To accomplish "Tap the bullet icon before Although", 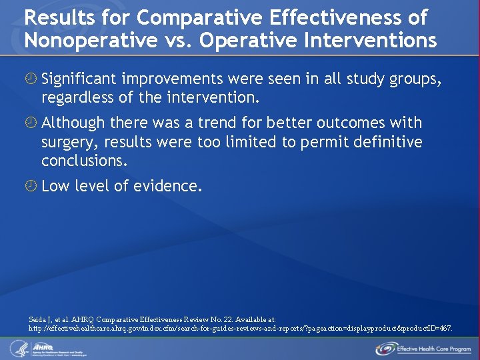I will point(31,123).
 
